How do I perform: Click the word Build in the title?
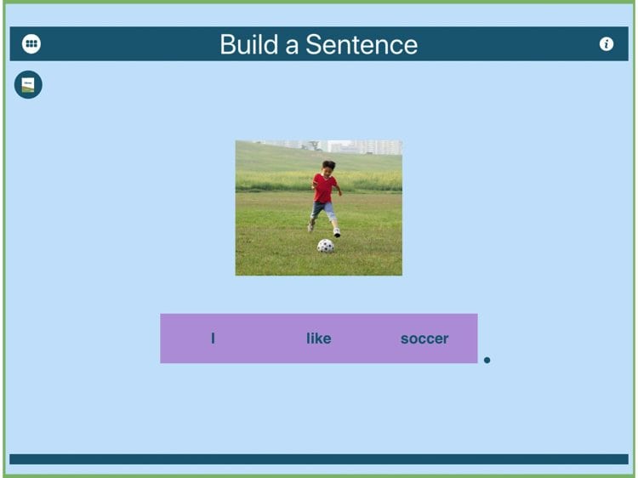click(249, 44)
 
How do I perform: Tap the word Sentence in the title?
click(362, 44)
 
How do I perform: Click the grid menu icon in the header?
click(31, 43)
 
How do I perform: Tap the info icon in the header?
click(607, 44)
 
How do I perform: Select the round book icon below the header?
click(28, 84)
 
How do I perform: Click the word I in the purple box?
click(213, 339)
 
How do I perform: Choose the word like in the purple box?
click(319, 339)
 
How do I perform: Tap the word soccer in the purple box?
click(424, 339)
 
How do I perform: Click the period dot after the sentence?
click(487, 360)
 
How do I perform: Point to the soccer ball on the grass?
click(326, 246)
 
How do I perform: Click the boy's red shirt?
click(324, 188)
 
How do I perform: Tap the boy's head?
click(328, 168)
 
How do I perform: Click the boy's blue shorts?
click(323, 210)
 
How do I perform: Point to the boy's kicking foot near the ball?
click(337, 233)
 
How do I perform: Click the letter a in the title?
click(292, 46)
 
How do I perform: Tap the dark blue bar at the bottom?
click(319, 459)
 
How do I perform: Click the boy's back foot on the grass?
click(310, 225)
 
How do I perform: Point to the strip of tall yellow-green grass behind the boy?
click(319, 181)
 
